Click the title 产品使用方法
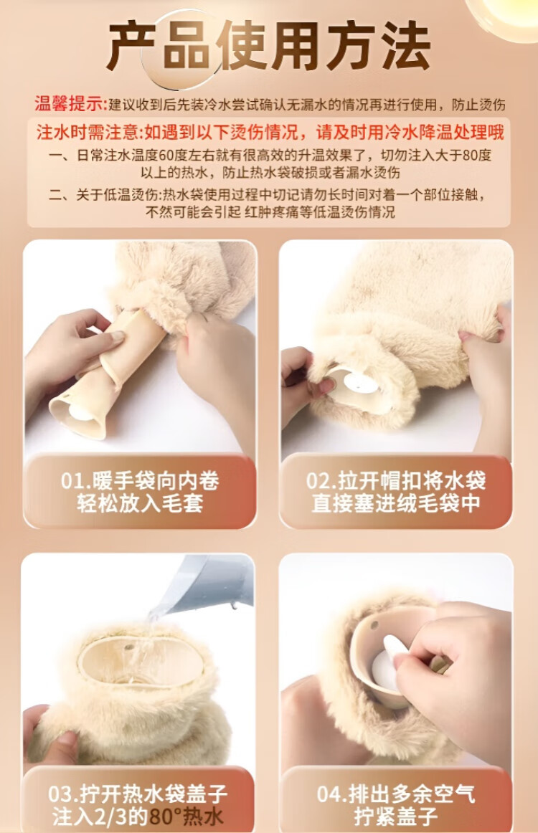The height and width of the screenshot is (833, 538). coord(268,47)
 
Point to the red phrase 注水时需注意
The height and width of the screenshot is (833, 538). coord(86,132)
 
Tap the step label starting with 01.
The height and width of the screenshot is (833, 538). coord(140,491)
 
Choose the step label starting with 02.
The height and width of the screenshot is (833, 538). coord(396,491)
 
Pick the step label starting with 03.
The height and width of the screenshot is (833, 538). coord(138,805)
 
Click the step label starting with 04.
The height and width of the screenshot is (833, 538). coord(396,805)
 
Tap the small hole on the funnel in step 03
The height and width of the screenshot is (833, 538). coord(129,648)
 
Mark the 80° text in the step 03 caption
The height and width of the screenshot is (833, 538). coord(166,817)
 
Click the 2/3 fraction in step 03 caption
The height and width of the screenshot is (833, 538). coord(102,817)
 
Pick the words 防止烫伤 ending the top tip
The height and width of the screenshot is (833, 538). coord(478,105)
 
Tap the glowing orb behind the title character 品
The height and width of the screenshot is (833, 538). coord(181,50)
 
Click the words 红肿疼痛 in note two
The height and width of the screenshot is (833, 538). coord(272,212)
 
